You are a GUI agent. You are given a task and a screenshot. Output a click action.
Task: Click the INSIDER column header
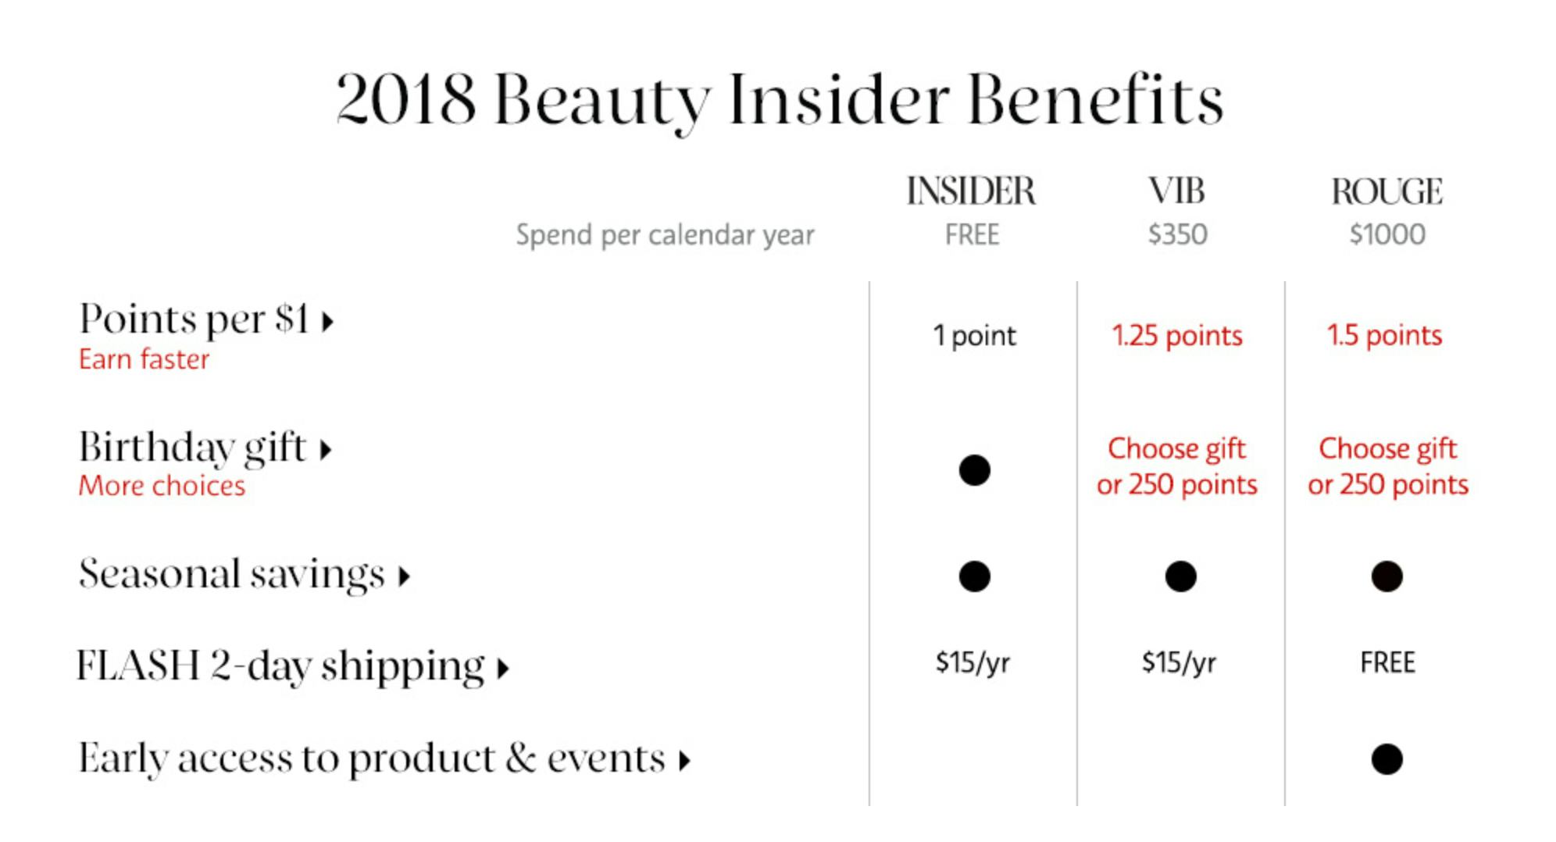coord(971,191)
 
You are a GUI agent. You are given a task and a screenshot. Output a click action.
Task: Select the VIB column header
coord(1176,191)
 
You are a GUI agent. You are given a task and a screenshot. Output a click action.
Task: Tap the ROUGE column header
coord(1387,191)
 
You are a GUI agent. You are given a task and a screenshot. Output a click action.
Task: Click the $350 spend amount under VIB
coord(1178,234)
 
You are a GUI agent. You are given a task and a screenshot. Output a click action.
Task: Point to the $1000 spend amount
coord(1387,234)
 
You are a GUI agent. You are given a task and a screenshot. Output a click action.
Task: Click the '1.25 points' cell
coord(1176,336)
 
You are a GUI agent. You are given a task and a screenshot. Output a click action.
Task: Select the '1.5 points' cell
coord(1384,336)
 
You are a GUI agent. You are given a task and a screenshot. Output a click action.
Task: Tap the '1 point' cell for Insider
coord(975,336)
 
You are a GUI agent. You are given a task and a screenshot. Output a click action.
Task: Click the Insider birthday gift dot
coord(974,470)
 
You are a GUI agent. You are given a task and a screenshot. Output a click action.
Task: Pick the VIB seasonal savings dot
coord(1180,576)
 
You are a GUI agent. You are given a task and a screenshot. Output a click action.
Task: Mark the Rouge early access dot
coord(1386,759)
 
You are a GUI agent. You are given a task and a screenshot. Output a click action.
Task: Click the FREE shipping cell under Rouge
coord(1387,663)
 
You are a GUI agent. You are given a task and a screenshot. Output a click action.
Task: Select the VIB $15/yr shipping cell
coord(1179,663)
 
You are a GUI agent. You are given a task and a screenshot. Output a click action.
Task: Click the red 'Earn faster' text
coord(144,359)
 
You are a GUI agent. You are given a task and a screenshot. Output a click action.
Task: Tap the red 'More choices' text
coord(162,486)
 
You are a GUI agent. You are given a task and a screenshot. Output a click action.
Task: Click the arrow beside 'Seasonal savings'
coord(404,577)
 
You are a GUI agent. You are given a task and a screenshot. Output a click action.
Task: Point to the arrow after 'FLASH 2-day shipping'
coord(504,669)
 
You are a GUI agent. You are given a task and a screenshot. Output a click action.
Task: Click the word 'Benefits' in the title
coord(1095,100)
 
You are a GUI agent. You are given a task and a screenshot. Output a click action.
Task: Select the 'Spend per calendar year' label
coord(665,235)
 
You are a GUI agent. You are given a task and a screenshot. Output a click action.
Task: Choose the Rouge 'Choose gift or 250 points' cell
coord(1388,466)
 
